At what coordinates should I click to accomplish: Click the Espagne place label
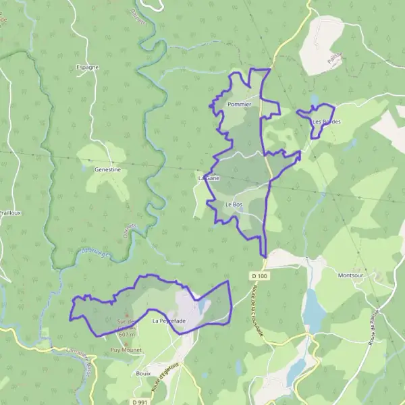[88, 67]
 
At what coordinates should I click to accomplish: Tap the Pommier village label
[240, 105]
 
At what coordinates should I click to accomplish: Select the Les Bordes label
[327, 122]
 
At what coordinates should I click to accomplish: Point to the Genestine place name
[107, 170]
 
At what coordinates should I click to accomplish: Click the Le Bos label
[234, 205]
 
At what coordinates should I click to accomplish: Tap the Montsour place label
[351, 275]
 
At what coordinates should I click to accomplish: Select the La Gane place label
[208, 178]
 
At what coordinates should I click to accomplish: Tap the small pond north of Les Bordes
[314, 100]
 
